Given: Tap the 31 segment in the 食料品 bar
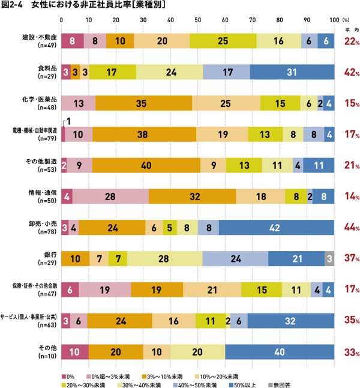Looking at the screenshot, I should click(292, 71).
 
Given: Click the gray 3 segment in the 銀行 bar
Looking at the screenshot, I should click(329, 259).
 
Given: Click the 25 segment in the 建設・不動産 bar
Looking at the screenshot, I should click(223, 41).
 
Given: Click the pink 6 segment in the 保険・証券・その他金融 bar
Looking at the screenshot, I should click(70, 290).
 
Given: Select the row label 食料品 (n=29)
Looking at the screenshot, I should click(46, 71).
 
